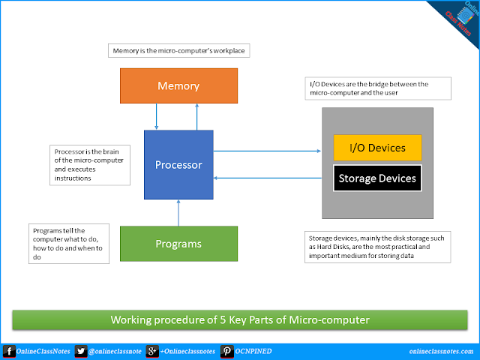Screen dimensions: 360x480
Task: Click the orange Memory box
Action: pyautogui.click(x=178, y=86)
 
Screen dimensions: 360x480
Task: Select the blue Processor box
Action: pyautogui.click(x=178, y=164)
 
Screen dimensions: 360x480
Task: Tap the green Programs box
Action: pyautogui.click(x=178, y=243)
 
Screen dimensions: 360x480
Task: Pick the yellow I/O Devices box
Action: pyautogui.click(x=378, y=147)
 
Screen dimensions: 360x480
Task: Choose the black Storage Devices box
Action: pyautogui.click(x=378, y=178)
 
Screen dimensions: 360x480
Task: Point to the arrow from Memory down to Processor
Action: pyautogui.click(x=155, y=116)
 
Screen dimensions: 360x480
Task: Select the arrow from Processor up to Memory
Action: pyautogui.click(x=196, y=116)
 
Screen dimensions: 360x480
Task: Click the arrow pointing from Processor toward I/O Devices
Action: pyautogui.click(x=267, y=150)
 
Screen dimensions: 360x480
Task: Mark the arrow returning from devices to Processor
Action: pyautogui.click(x=267, y=178)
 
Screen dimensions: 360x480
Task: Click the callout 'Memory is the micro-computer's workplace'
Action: pyautogui.click(x=178, y=52)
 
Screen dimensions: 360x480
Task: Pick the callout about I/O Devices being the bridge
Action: pyautogui.click(x=378, y=88)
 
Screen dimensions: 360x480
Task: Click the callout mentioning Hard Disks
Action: pyautogui.click(x=378, y=246)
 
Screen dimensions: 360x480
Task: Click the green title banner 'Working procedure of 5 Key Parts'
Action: pyautogui.click(x=239, y=320)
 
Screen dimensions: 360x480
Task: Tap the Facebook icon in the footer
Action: pyautogui.click(x=8, y=352)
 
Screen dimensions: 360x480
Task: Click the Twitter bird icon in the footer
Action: pyautogui.click(x=81, y=352)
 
